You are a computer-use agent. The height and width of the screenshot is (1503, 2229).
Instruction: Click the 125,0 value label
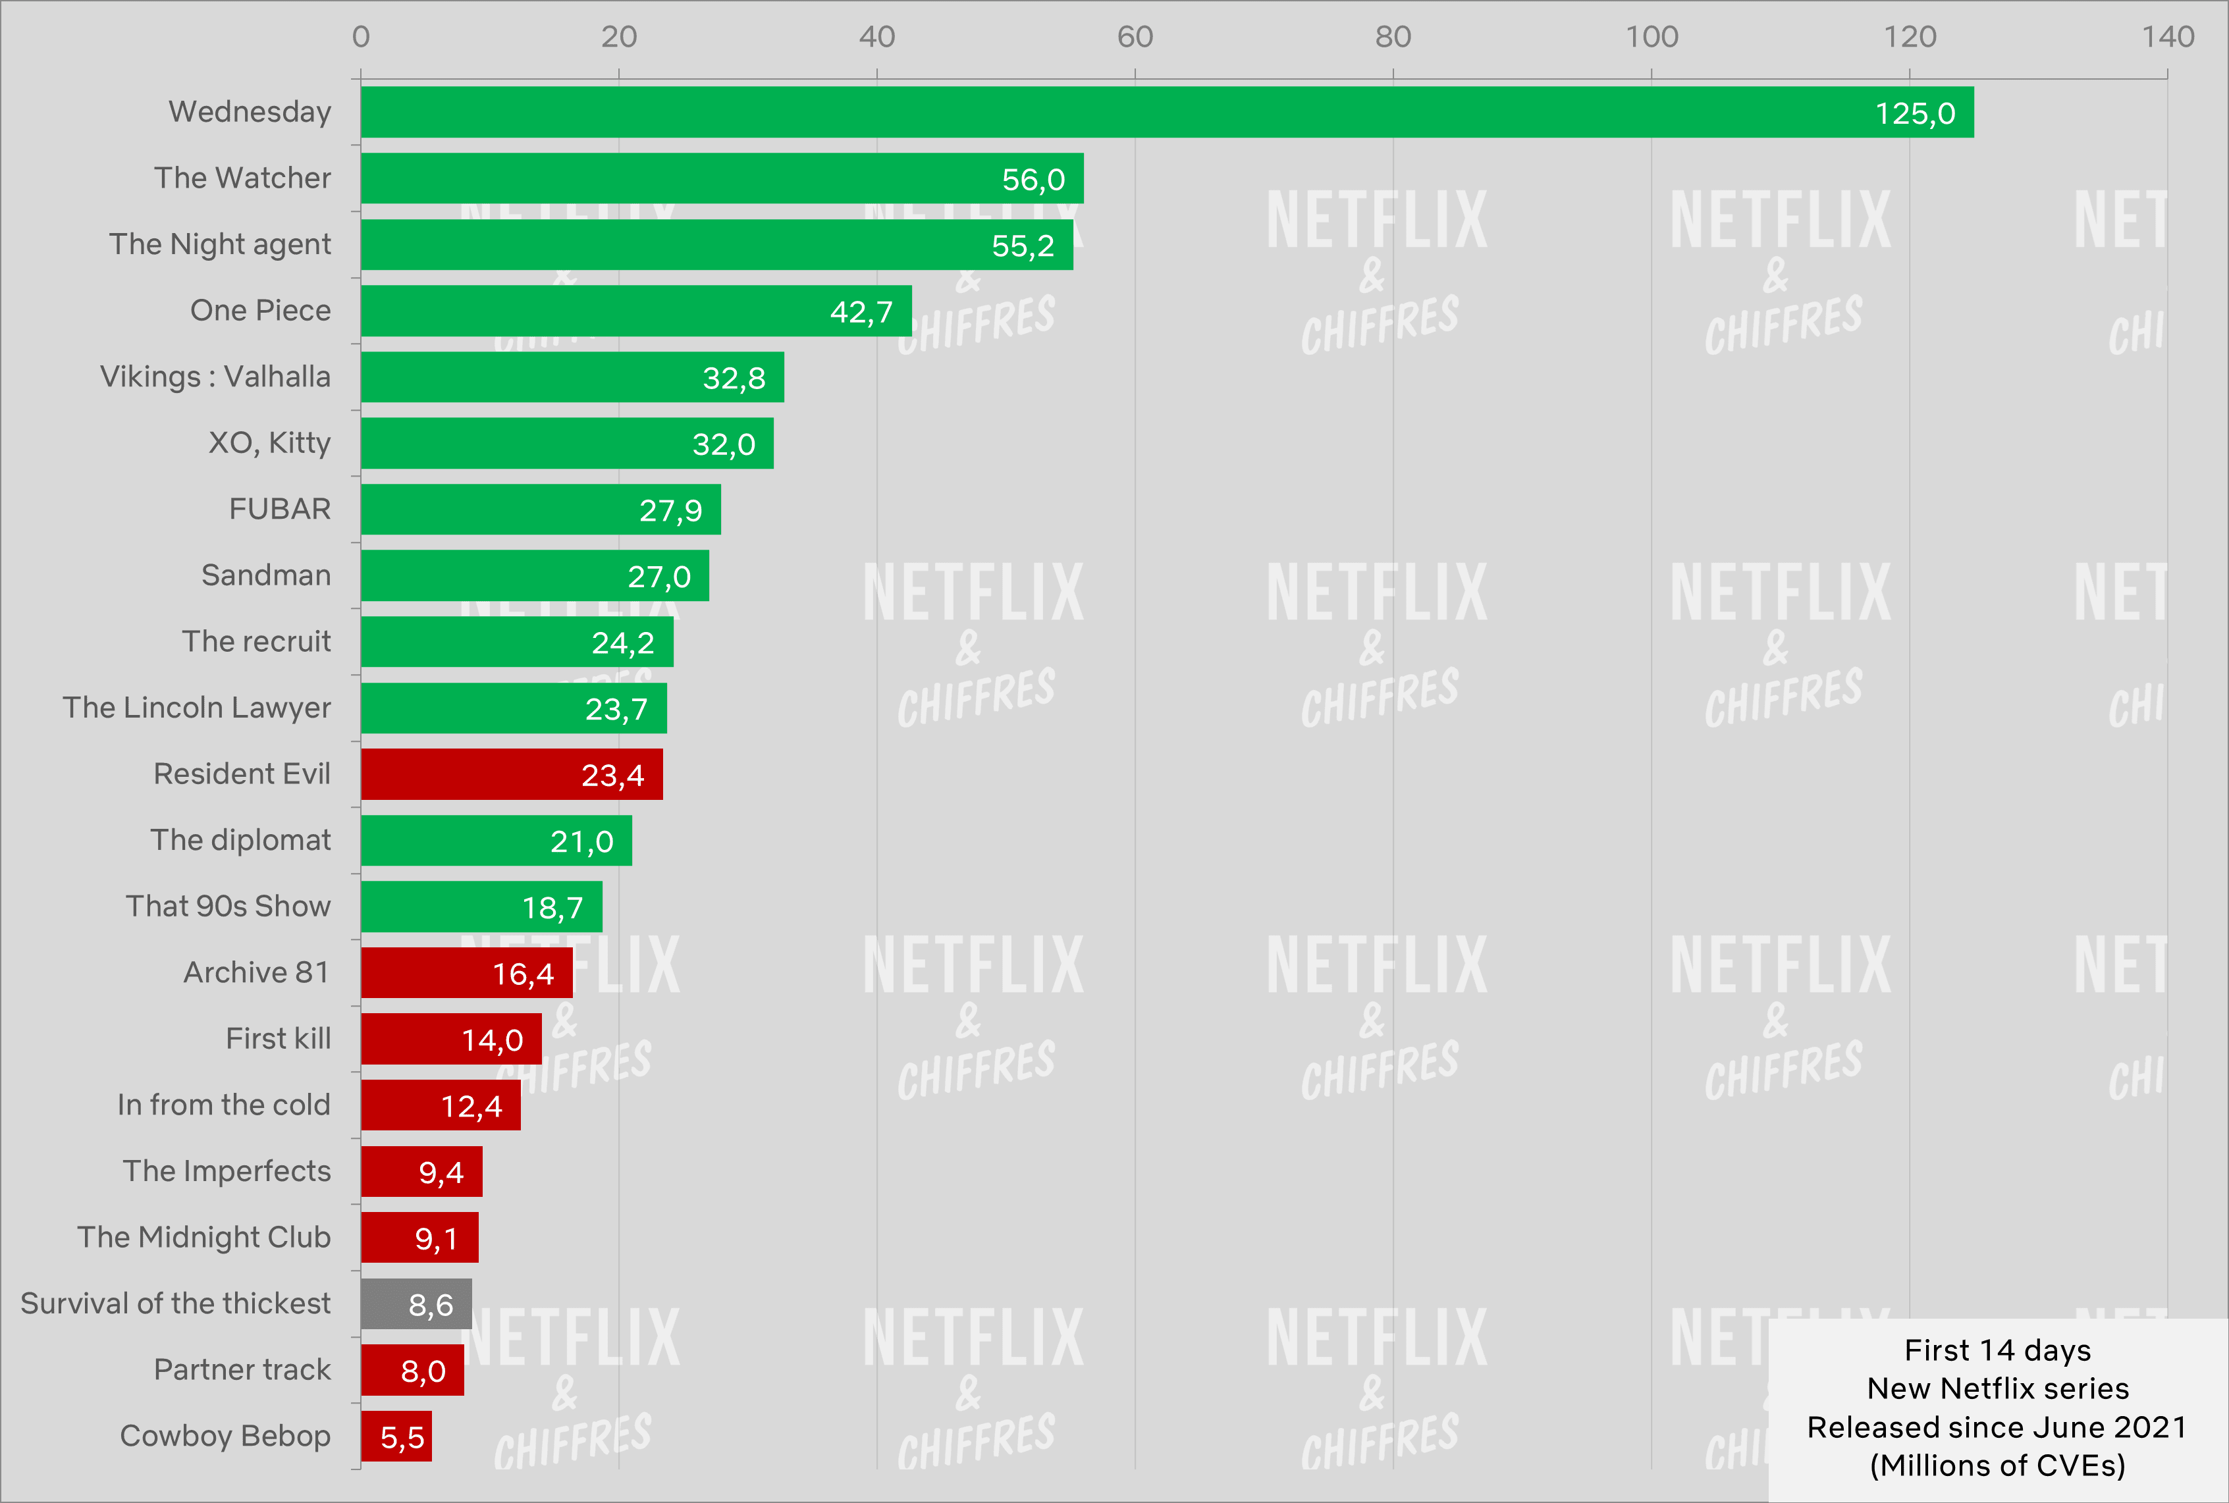pos(1914,114)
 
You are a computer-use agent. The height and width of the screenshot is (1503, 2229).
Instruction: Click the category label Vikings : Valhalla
pos(216,377)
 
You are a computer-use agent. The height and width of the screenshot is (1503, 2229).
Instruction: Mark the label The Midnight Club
pos(204,1238)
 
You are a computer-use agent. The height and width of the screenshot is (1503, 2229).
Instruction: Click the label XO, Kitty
pos(269,443)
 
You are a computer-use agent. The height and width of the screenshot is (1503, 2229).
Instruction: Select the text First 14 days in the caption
pos(1997,1350)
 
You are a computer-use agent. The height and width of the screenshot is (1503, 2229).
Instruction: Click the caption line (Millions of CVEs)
pos(1997,1465)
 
